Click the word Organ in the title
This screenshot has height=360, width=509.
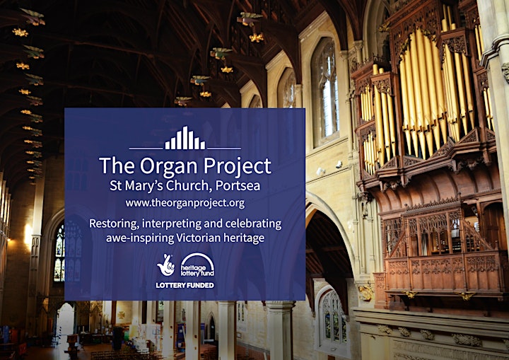pos(169,167)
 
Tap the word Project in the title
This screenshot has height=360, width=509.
pos(238,167)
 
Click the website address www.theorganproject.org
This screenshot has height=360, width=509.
pos(185,204)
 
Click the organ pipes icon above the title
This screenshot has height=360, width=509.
pos(185,138)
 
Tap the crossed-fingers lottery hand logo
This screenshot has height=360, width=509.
pos(166,265)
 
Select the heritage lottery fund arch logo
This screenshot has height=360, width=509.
pos(197,265)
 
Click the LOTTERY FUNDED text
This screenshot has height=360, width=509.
pos(185,285)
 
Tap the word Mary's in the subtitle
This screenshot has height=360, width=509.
pos(144,185)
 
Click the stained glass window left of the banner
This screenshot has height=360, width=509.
pos(59,252)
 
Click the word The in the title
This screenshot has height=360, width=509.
pos(117,166)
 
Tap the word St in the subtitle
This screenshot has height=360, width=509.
pos(115,185)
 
